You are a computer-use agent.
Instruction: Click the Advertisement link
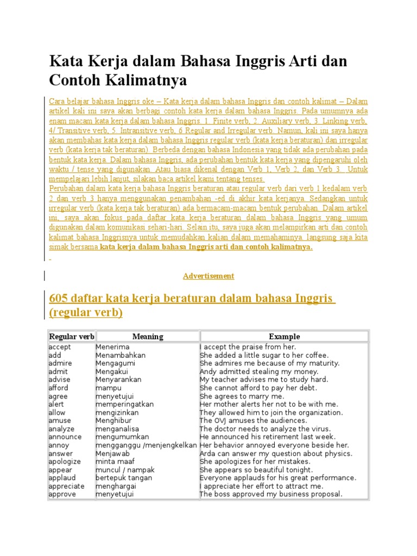point(208,276)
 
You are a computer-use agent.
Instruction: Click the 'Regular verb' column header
point(71,337)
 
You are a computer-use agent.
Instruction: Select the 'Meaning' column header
point(148,337)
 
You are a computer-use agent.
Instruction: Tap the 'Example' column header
point(284,337)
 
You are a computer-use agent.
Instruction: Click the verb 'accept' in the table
point(60,347)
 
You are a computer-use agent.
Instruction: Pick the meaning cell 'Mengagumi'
point(115,363)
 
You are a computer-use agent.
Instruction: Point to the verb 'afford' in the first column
point(59,388)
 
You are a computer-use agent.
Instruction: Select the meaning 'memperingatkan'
point(125,405)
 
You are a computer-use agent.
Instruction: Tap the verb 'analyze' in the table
point(62,429)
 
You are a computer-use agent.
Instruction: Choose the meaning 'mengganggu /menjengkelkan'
point(146,445)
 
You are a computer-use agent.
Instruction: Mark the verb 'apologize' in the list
point(65,462)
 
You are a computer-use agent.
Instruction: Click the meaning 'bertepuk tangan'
point(124,478)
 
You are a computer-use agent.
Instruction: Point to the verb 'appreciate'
point(66,486)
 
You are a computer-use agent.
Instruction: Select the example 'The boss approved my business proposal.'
point(271,494)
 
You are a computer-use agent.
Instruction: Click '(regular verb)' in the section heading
point(86,313)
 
